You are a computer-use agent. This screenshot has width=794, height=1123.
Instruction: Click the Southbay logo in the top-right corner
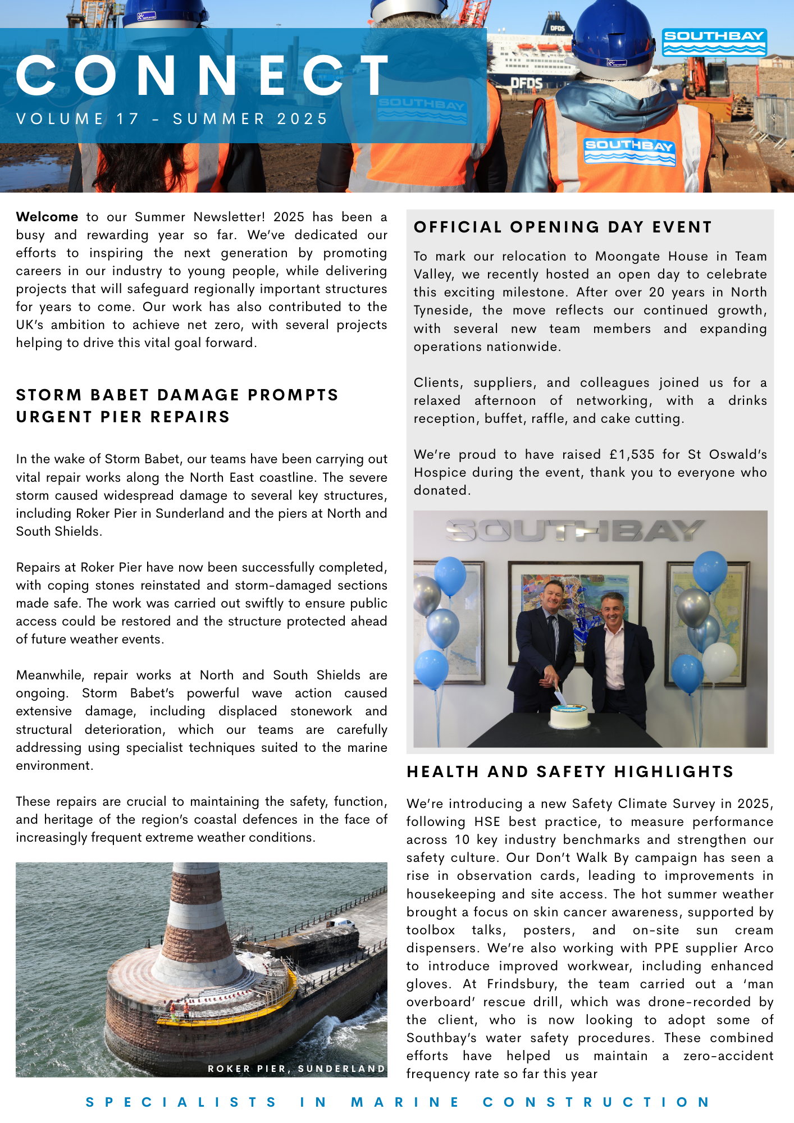pyautogui.click(x=714, y=43)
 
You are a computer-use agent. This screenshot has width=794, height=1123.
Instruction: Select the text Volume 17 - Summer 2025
pyautogui.click(x=172, y=119)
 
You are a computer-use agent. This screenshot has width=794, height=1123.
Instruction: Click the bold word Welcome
pyautogui.click(x=47, y=217)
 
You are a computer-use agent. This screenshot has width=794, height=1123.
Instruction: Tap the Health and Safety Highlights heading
pyautogui.click(x=570, y=772)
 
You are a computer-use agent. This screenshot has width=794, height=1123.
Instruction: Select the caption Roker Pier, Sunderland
pyautogui.click(x=296, y=1069)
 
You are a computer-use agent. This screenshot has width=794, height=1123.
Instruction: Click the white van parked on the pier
pyautogui.click(x=341, y=922)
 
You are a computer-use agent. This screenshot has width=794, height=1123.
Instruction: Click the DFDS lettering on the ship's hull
pyautogui.click(x=526, y=84)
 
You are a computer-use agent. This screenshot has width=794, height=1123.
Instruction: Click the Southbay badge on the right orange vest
pyautogui.click(x=629, y=150)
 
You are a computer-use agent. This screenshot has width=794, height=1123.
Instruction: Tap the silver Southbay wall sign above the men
pyautogui.click(x=574, y=531)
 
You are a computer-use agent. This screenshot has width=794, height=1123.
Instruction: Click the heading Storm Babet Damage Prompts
pyautogui.click(x=177, y=395)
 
